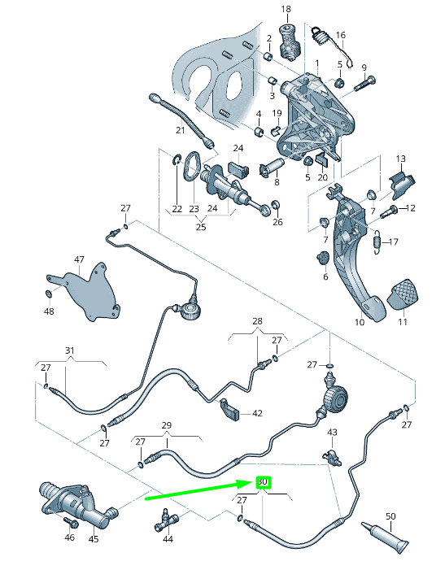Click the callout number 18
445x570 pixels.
click(x=286, y=9)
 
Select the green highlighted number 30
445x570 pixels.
click(x=263, y=482)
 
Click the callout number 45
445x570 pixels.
click(x=94, y=538)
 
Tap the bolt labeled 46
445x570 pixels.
click(x=71, y=522)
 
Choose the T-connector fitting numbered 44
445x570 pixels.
click(x=165, y=520)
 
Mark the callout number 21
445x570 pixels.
click(x=181, y=130)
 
